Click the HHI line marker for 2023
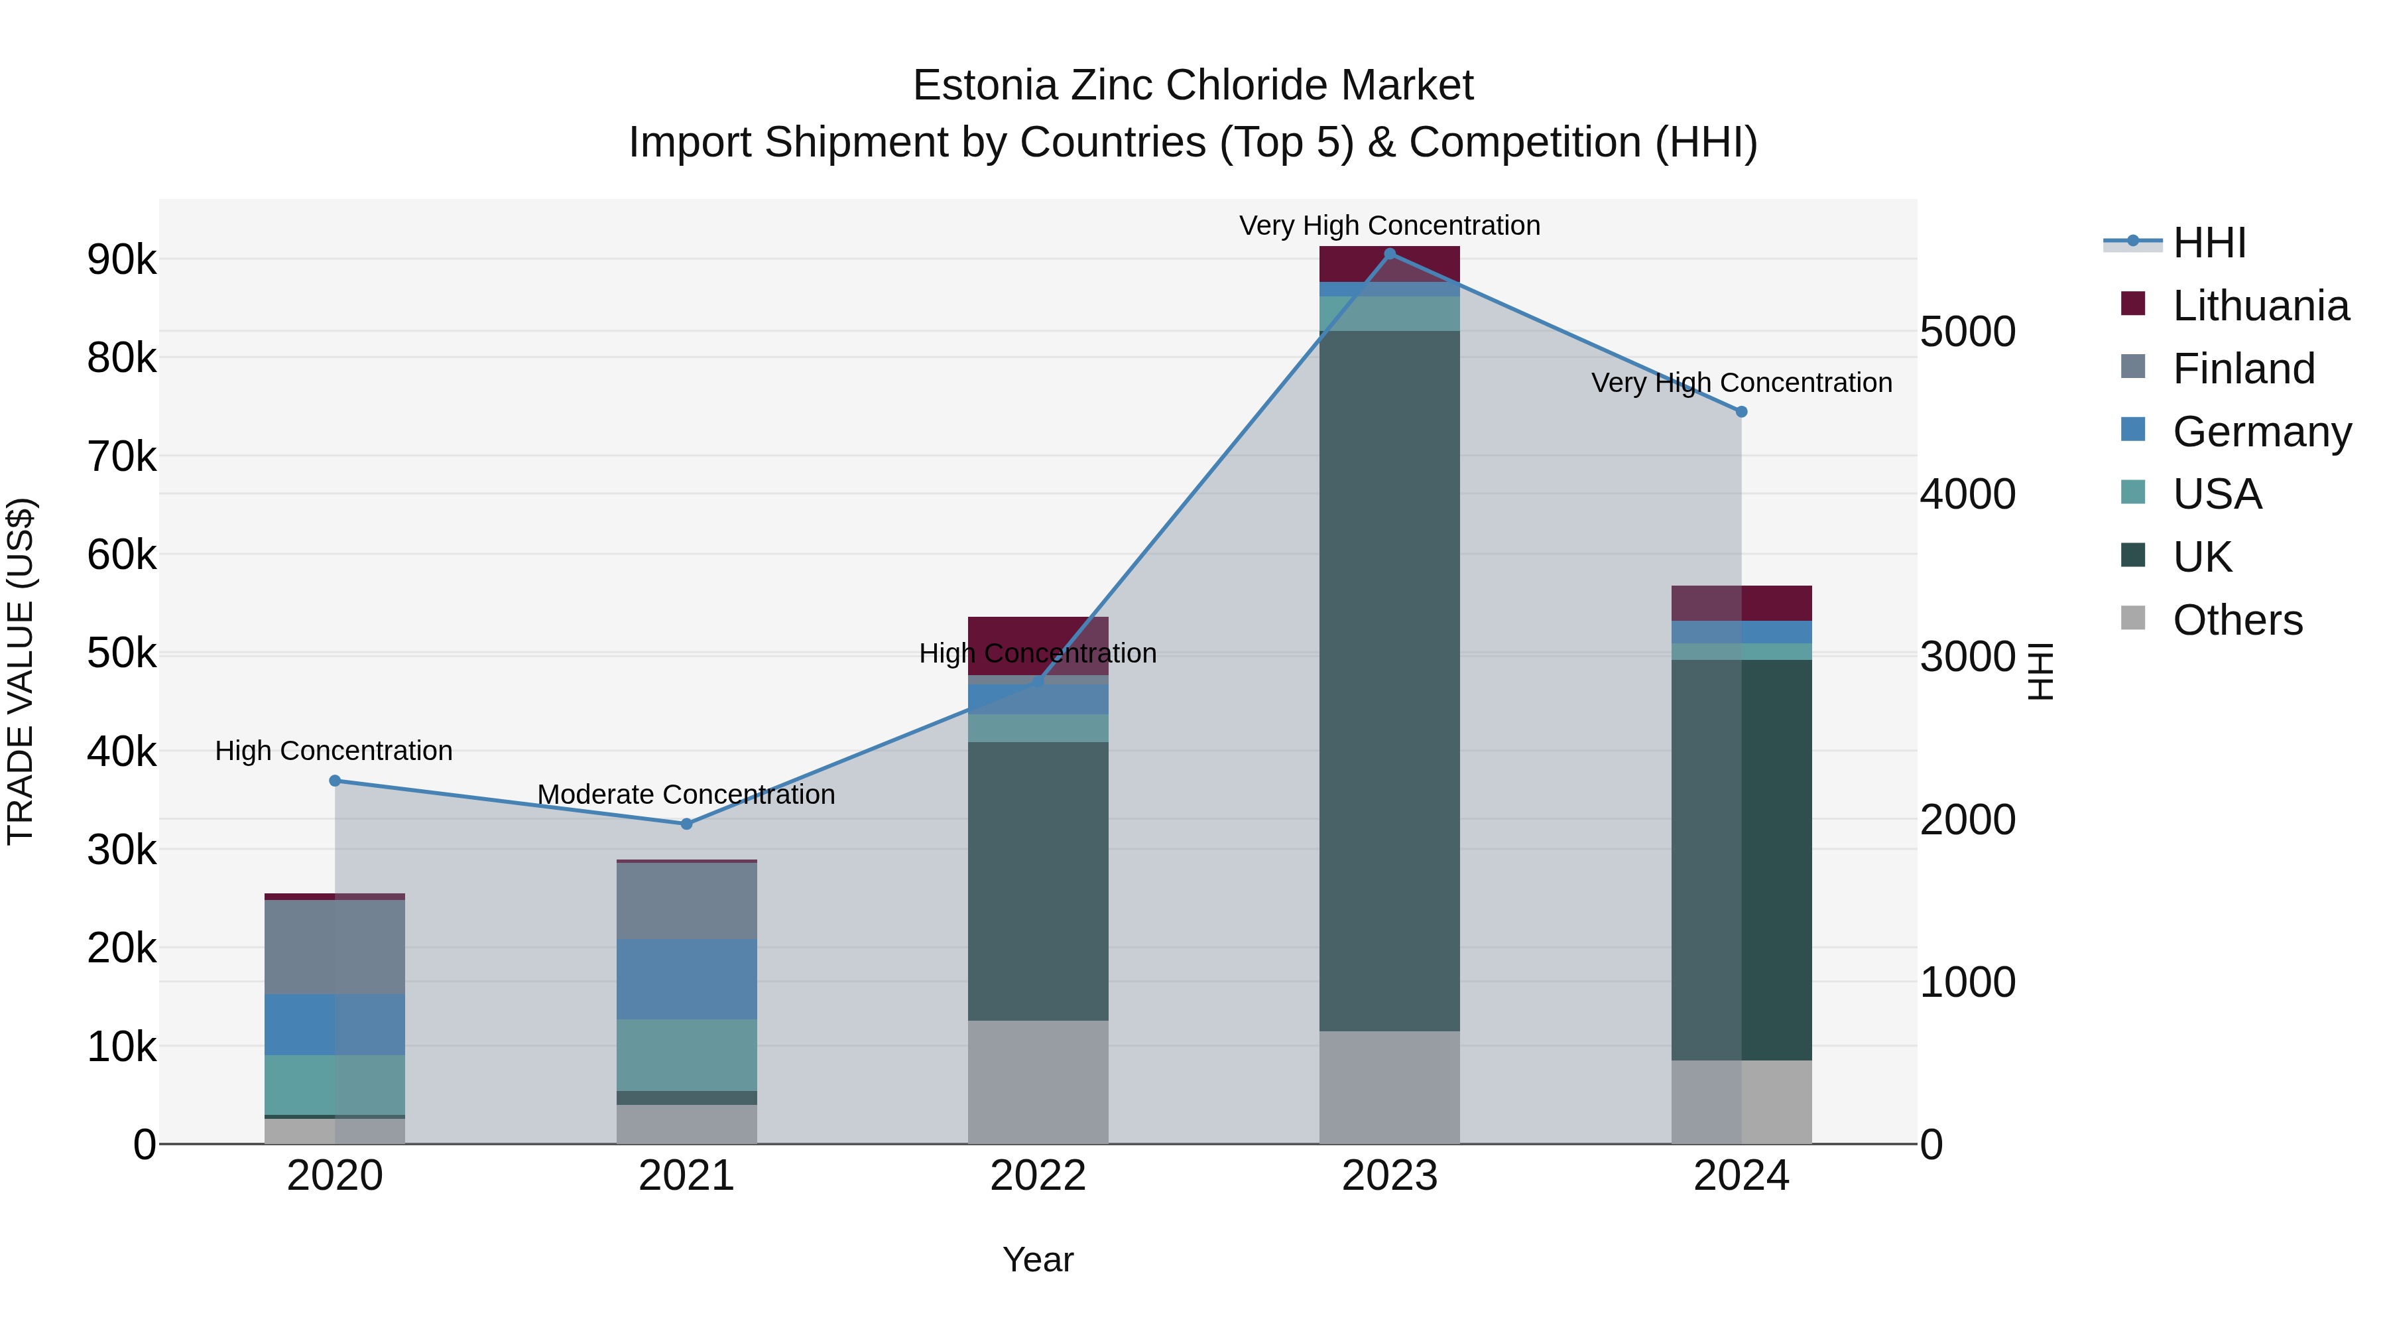pos(1389,253)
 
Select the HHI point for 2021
pos(687,824)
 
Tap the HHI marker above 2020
pos(336,781)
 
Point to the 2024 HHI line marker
pos(1741,411)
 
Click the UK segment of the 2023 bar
pos(1389,681)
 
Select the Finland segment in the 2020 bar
pos(335,946)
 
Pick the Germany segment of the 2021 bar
pos(687,979)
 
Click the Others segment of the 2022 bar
pos(1038,1082)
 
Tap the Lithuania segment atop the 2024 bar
pos(1741,604)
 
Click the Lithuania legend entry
pos(2260,306)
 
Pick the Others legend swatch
pos(2133,618)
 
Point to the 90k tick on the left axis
pos(122,259)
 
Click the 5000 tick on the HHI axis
pos(1967,332)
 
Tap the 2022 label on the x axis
pos(1038,1176)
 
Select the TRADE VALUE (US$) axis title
pos(21,671)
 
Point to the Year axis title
pos(1038,1259)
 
